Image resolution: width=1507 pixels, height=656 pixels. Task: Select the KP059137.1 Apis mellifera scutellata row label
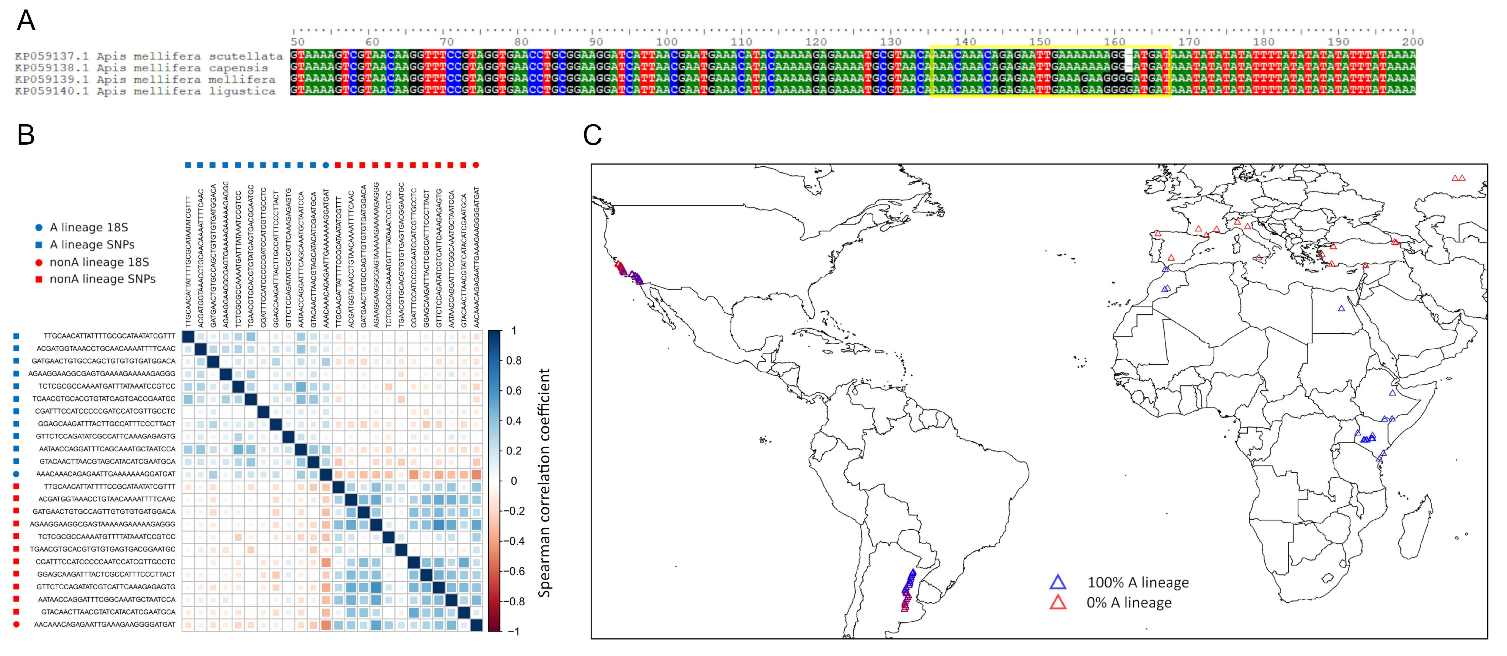tap(149, 56)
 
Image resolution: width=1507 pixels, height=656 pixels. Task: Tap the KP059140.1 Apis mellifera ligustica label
tap(145, 91)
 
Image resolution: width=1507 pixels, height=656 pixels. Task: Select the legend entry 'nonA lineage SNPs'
tap(102, 279)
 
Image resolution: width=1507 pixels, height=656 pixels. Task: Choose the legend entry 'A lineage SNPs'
tap(92, 245)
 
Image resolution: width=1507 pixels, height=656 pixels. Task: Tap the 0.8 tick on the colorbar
tap(514, 360)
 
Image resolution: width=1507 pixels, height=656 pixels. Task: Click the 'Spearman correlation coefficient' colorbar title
tap(544, 483)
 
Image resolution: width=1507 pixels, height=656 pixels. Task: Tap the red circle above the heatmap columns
tap(476, 165)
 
